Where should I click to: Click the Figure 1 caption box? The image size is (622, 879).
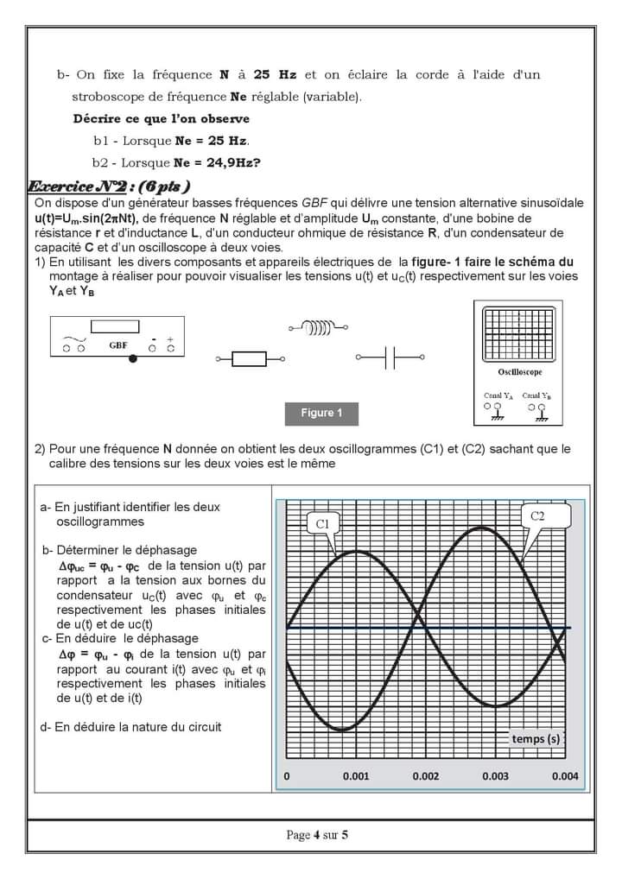[321, 414]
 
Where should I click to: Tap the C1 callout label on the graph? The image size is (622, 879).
[322, 523]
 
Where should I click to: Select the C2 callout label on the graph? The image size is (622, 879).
[537, 516]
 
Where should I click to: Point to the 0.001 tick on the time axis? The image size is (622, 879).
[356, 776]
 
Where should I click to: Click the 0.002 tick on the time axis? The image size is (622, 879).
[425, 776]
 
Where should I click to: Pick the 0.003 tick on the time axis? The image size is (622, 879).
[495, 776]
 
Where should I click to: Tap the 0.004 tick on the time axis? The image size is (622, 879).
[565, 776]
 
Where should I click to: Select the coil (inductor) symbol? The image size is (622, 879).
[320, 327]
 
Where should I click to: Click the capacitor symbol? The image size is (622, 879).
[390, 357]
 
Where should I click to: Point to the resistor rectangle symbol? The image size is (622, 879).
[250, 358]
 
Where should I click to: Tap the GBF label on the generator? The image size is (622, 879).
[118, 345]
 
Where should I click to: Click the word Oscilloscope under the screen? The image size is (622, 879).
[519, 372]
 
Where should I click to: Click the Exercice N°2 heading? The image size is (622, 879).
[109, 187]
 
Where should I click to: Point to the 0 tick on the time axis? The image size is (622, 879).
[287, 776]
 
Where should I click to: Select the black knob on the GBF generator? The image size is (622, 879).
[132, 358]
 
